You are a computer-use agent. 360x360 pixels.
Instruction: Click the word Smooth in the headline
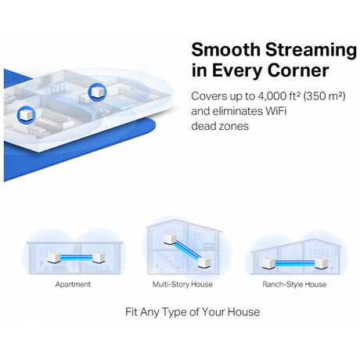(225, 49)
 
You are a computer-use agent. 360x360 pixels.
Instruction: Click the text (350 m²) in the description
(325, 96)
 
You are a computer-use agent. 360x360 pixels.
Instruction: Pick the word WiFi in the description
(275, 111)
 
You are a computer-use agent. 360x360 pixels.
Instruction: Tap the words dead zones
(220, 126)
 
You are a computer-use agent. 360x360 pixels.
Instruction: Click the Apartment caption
(73, 284)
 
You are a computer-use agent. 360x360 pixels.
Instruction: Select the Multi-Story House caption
(182, 284)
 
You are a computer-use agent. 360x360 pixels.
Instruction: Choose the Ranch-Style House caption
(294, 284)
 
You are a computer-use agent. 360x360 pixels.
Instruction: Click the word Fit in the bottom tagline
(131, 311)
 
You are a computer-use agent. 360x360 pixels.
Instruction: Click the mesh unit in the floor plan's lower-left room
(26, 115)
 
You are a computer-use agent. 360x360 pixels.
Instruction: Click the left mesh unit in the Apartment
(54, 257)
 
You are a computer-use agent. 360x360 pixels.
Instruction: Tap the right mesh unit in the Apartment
(99, 257)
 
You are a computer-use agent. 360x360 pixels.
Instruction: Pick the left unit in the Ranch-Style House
(268, 263)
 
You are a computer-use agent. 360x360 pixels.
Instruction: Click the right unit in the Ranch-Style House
(321, 263)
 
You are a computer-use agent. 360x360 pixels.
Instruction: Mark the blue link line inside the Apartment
(77, 257)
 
